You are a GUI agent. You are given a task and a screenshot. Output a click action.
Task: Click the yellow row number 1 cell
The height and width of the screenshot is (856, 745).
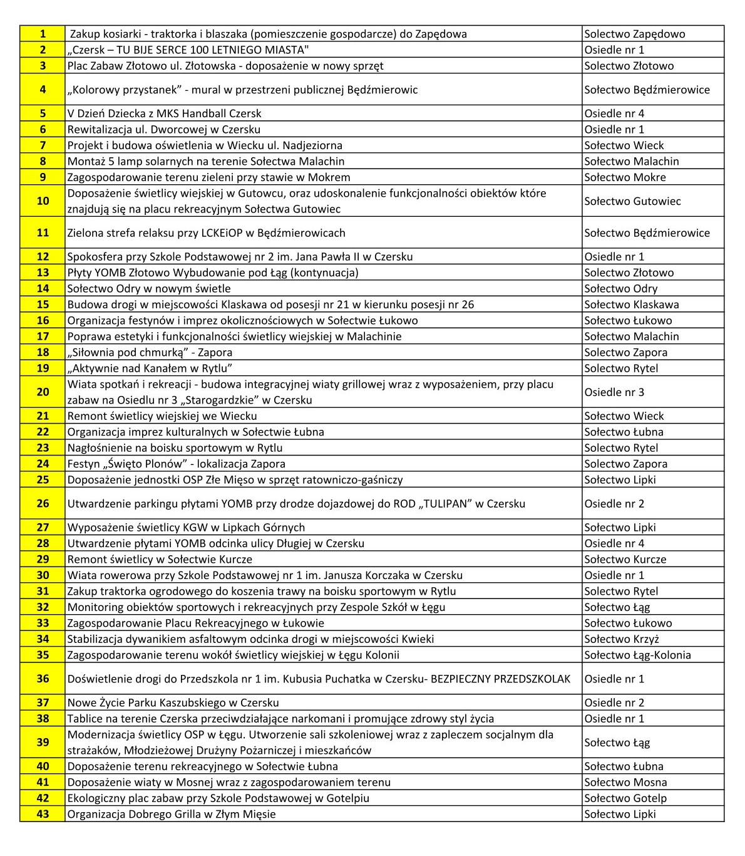43,34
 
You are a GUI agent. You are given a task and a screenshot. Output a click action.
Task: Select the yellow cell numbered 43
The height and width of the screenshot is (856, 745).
43,814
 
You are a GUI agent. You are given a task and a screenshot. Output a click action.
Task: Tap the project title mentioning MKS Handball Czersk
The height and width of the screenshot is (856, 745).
165,113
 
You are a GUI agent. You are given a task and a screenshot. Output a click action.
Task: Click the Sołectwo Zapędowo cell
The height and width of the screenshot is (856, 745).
634,34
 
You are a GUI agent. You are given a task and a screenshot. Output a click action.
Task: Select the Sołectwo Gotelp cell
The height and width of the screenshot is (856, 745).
625,798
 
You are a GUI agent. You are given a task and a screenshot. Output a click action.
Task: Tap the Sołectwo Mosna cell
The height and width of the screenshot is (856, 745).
625,782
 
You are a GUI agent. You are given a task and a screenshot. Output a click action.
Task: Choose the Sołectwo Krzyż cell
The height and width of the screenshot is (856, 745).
621,639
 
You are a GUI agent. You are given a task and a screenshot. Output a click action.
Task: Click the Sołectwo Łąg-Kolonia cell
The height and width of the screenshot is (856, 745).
637,655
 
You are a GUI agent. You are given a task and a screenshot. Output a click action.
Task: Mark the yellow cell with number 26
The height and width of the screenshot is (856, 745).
43,504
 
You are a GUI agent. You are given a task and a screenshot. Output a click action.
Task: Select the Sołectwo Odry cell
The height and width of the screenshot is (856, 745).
620,288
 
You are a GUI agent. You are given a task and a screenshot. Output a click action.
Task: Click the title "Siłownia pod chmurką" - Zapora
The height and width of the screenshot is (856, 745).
150,352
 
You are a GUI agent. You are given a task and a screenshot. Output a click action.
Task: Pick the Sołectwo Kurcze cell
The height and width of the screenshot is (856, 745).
625,560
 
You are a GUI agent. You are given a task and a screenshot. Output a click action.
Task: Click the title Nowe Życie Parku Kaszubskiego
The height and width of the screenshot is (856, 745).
173,702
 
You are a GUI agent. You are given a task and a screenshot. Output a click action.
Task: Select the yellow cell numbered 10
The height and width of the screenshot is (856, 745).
43,201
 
